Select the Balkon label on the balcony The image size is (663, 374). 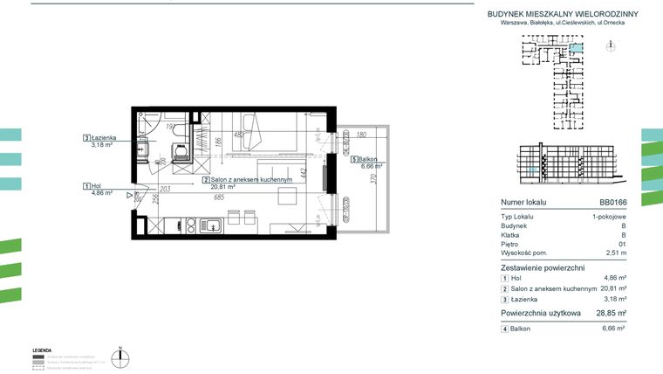366,159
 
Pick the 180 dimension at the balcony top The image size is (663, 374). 361,135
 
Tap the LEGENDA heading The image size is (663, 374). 42,350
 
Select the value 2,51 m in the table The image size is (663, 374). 616,253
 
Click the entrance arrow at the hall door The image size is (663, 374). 128,196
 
